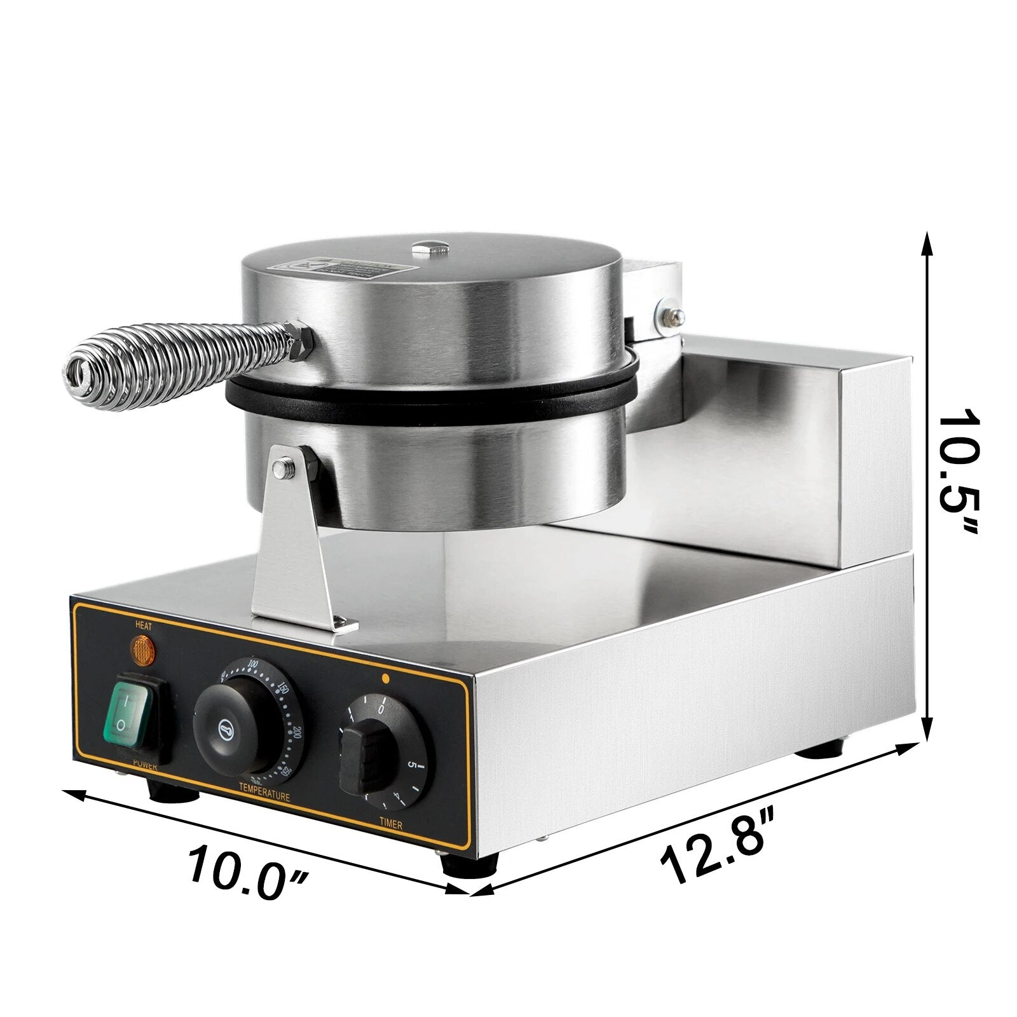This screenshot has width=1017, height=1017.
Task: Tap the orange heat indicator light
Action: coord(143,650)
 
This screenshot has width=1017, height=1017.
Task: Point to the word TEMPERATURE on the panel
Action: coord(264,796)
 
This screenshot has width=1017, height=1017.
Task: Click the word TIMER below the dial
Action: coord(391,825)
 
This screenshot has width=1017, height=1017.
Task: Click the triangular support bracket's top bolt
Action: coord(280,468)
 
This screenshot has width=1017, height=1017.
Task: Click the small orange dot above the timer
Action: coord(385,678)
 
